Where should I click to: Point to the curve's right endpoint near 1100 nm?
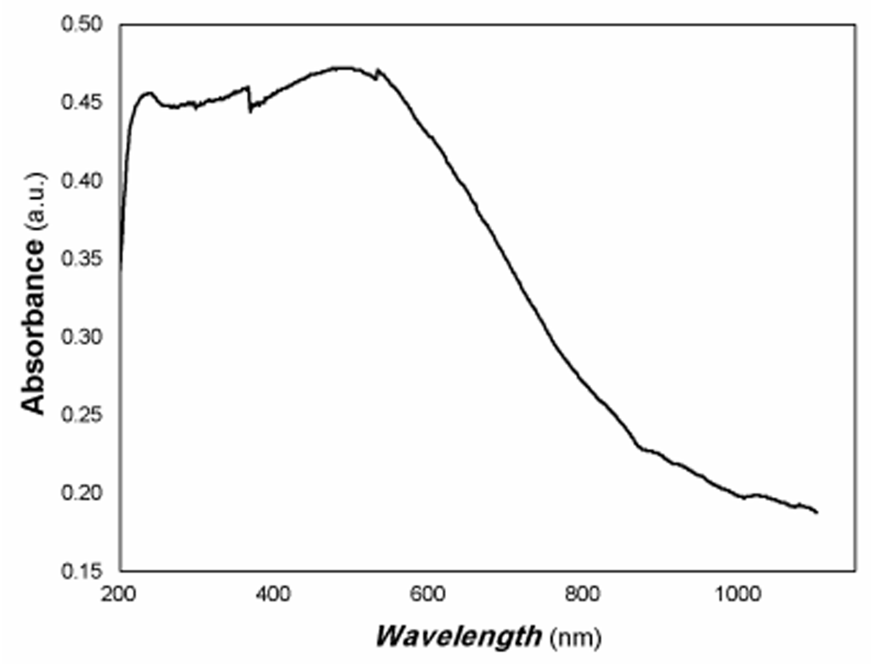click(x=817, y=512)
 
